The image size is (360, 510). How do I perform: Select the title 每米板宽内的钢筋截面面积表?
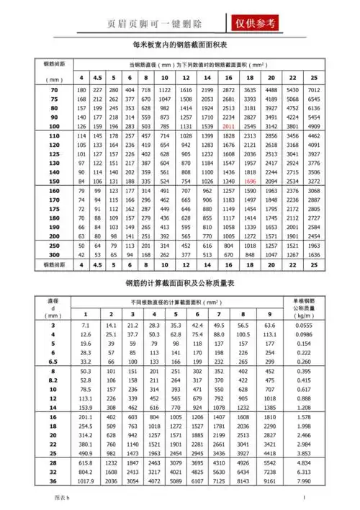(180, 45)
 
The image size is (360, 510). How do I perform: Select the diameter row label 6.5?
(53, 361)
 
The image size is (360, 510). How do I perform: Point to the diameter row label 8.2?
(53, 380)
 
